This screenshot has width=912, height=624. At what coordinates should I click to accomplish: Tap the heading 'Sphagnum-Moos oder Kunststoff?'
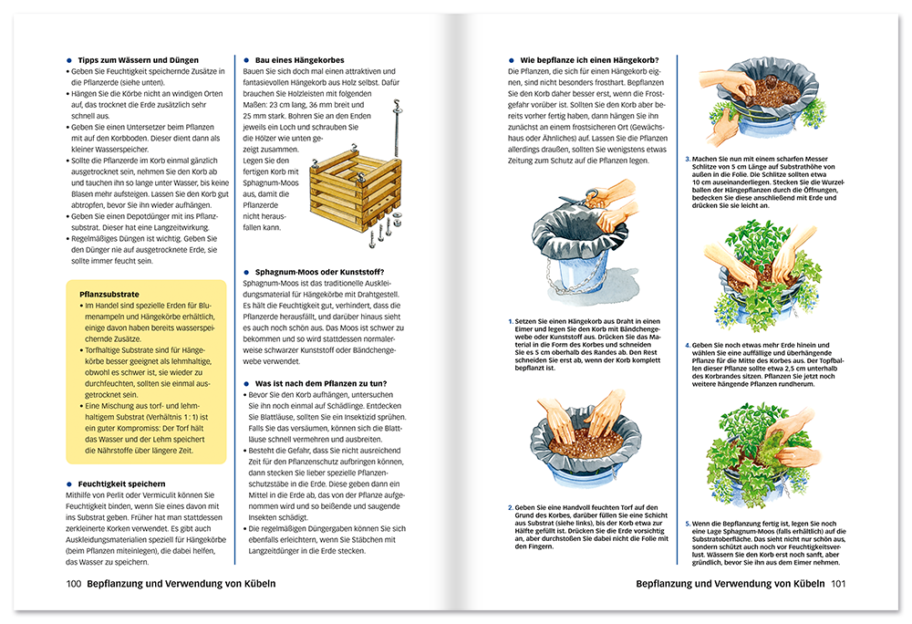click(314, 272)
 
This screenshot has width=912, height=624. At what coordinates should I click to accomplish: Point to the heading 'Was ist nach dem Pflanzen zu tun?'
click(316, 383)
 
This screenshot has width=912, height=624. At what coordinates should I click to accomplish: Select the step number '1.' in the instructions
click(511, 322)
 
